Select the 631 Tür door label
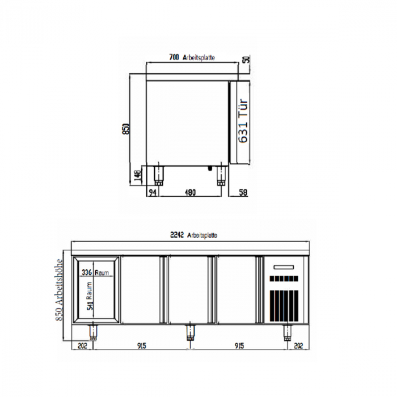coord(243,122)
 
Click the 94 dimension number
coord(152,193)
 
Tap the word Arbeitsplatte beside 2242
coord(203,235)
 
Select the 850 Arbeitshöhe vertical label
coord(60,290)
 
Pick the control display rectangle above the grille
coord(285,265)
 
